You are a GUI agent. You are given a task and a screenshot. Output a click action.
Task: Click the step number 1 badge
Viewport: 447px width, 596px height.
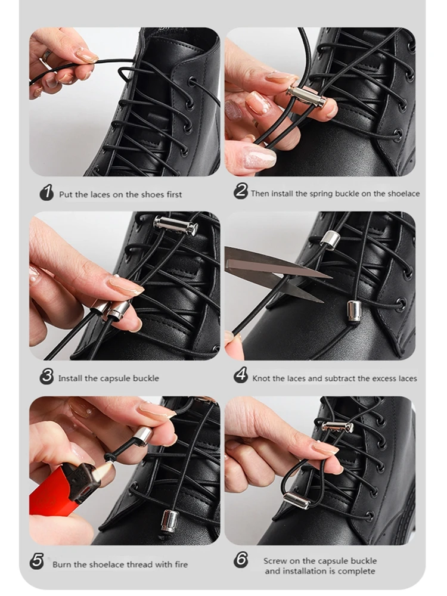click(46, 193)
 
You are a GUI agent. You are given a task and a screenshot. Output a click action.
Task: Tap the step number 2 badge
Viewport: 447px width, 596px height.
click(241, 191)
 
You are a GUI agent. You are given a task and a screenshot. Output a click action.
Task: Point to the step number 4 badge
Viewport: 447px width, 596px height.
click(241, 375)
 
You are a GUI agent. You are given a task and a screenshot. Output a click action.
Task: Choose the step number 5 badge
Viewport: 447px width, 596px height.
click(37, 562)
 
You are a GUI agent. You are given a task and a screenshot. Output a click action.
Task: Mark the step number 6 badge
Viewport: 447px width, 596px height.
click(241, 560)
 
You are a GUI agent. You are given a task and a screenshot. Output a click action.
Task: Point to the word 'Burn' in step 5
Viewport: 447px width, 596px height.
click(61, 564)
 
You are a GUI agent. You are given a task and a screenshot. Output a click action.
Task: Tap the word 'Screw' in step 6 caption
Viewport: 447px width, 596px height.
click(275, 561)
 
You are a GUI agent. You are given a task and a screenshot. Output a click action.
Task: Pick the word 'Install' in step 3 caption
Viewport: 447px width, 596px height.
click(70, 378)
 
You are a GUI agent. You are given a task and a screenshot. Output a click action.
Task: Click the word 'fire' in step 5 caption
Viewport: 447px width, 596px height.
click(181, 564)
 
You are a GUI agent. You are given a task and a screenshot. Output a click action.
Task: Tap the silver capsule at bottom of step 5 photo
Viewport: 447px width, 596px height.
click(170, 522)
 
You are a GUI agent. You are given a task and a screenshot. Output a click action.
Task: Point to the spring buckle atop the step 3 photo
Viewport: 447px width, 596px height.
click(176, 226)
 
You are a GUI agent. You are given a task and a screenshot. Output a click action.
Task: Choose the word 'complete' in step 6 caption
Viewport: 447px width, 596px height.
click(356, 572)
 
